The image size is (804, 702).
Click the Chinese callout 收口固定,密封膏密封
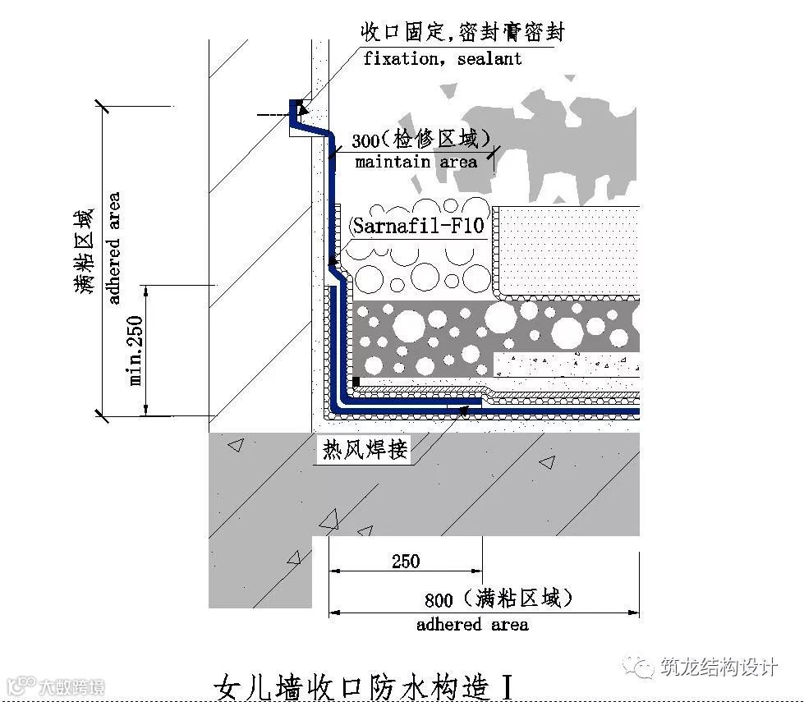tap(462, 33)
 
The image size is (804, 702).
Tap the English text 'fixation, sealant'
tap(442, 59)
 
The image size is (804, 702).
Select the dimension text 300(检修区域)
tap(420, 139)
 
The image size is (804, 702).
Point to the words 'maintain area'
tap(416, 162)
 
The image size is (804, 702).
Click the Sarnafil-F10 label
tap(418, 226)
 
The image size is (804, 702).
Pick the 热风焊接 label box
tap(364, 450)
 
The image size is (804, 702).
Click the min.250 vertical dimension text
tap(136, 350)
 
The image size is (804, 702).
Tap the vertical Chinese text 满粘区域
tap(84, 251)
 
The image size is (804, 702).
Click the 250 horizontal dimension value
tap(406, 562)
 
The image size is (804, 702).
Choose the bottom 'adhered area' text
tap(472, 625)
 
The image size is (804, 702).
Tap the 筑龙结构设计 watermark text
tap(718, 667)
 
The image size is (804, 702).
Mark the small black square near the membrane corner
tap(356, 382)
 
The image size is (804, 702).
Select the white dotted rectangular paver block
tap(567, 250)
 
